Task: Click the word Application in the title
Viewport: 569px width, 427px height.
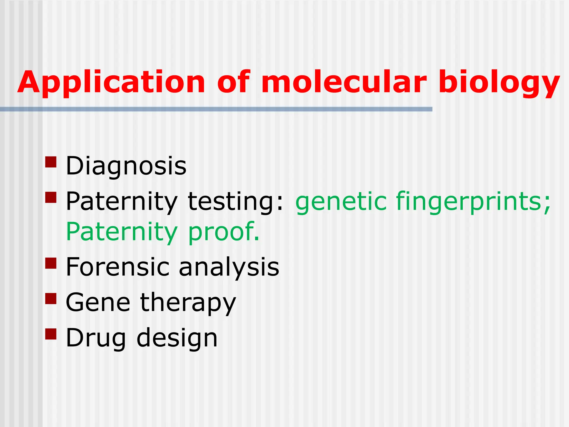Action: tap(111, 83)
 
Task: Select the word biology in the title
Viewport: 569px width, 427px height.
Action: tap(499, 83)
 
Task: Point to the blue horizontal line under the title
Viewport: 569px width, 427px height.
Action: tap(216, 109)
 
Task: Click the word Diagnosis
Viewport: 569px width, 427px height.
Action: tap(126, 166)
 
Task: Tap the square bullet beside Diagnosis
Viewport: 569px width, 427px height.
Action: tap(51, 162)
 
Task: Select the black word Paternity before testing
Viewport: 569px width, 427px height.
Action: tap(121, 202)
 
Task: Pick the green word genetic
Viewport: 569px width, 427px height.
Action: tap(341, 202)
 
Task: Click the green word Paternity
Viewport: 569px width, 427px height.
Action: tap(121, 232)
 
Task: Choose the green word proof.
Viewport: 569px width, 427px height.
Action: tap(224, 232)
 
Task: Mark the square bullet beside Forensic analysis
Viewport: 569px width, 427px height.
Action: tap(51, 263)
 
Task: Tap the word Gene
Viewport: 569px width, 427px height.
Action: tap(98, 302)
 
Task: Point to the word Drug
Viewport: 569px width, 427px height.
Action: tap(96, 338)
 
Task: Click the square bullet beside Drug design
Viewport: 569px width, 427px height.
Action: tap(51, 334)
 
